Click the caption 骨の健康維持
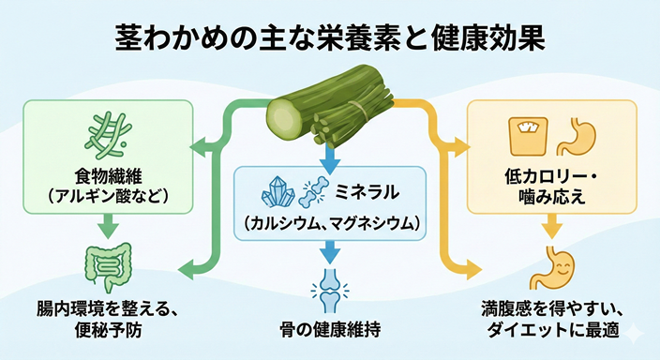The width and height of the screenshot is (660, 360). point(329,330)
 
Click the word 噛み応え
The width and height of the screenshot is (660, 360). point(552,196)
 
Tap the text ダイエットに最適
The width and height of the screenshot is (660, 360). point(552,330)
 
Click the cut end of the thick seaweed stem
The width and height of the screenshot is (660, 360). point(283,118)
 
